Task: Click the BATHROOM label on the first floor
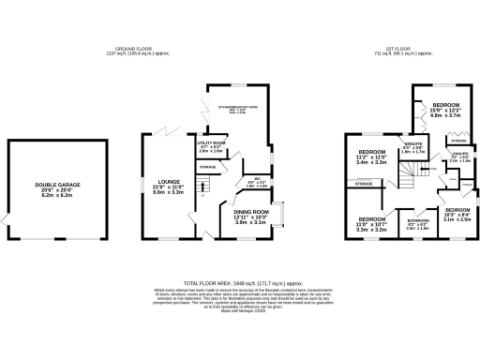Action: (x=417, y=222)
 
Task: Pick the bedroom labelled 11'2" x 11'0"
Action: (x=372, y=151)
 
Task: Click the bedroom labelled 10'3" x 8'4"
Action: (x=457, y=210)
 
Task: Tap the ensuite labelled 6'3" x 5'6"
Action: (x=412, y=142)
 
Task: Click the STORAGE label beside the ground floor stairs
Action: (x=207, y=167)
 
